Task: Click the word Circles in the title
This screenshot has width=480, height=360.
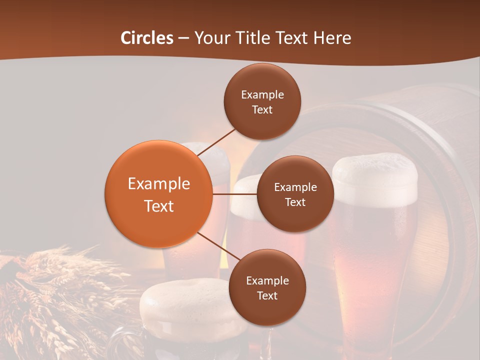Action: pos(146,38)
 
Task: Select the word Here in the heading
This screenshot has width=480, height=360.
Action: pos(332,38)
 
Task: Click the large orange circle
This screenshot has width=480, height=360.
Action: pos(158,194)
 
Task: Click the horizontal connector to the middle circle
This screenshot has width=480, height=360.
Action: pos(234,194)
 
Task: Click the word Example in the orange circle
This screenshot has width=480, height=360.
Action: pos(159,184)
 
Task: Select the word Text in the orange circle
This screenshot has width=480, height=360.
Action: pos(159,206)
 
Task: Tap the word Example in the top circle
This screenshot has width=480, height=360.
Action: pos(262,95)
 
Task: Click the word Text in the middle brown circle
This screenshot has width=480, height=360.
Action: pos(295,202)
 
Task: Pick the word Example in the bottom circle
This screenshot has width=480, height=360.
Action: pos(267,281)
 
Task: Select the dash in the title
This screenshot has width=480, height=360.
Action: pos(183,38)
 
